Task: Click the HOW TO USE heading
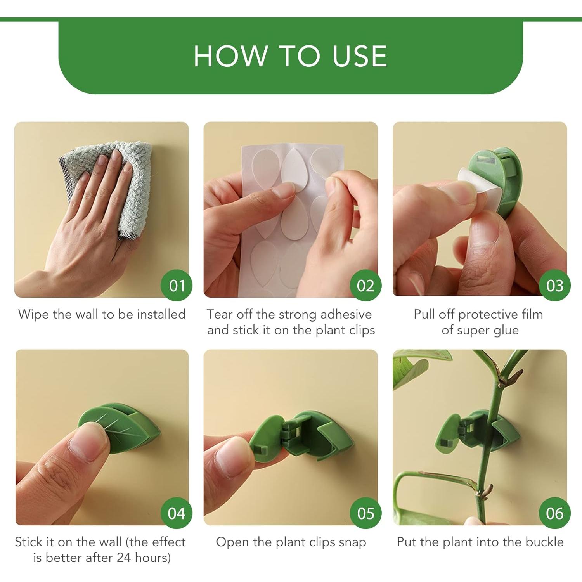(x=290, y=56)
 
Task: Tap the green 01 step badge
(x=177, y=286)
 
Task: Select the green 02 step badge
(x=365, y=286)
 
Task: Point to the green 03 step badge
(x=554, y=286)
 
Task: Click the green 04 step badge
(x=177, y=513)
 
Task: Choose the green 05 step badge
(x=365, y=513)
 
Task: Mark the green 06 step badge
(x=554, y=513)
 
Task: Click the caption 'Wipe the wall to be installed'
(x=102, y=314)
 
